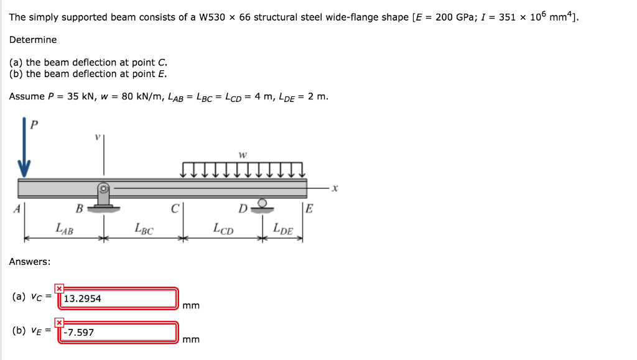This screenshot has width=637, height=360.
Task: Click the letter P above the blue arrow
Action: (34, 124)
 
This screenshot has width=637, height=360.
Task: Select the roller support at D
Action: (263, 206)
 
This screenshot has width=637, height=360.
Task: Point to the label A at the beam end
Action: (17, 208)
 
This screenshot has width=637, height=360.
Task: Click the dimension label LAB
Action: (64, 228)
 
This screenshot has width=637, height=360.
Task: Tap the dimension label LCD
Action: (223, 228)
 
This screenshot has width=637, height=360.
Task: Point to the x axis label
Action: (334, 187)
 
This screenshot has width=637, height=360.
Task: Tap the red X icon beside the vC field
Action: (59, 288)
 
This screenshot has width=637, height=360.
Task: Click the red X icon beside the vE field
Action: (59, 322)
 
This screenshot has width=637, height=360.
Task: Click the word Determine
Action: (33, 40)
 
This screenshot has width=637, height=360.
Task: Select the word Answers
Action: (29, 262)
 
